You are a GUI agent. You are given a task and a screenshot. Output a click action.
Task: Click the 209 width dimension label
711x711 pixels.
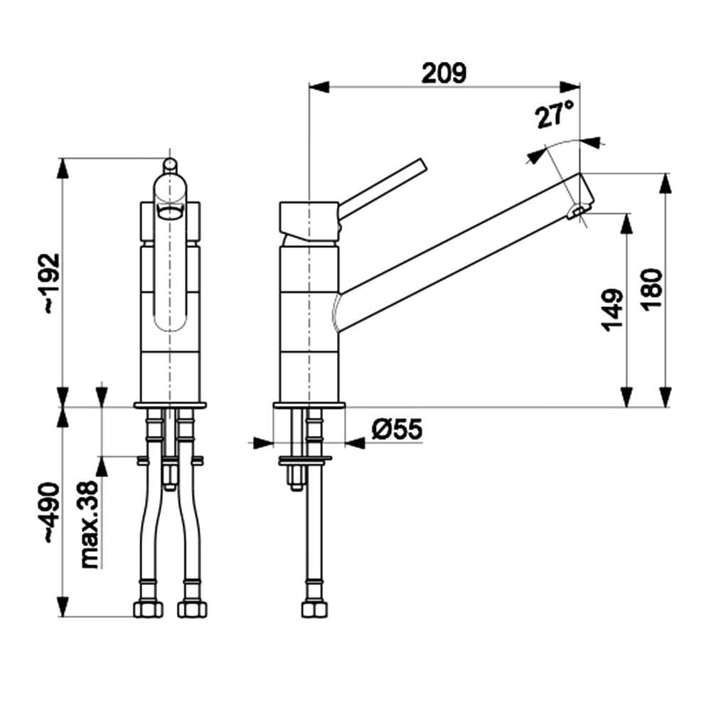pos(444,73)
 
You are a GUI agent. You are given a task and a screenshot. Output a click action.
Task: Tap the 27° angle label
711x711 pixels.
pos(555,114)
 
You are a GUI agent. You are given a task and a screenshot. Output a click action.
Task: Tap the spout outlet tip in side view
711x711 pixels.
pos(578,210)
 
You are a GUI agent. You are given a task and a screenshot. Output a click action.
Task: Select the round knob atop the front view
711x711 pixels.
pos(170,165)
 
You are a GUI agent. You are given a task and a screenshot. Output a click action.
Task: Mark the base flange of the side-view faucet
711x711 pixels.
pos(309,406)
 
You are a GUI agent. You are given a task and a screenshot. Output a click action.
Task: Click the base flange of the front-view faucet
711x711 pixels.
pos(170,405)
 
